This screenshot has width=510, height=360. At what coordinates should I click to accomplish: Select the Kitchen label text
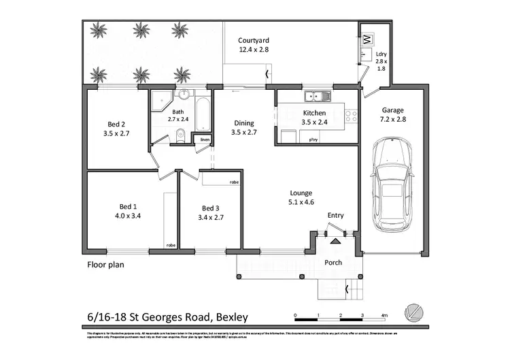[x=314, y=113]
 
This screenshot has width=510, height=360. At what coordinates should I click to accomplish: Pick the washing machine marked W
[x=367, y=38]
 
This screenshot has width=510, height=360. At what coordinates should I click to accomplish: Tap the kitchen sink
[x=316, y=95]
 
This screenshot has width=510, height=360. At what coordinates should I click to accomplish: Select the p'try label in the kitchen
[x=313, y=140]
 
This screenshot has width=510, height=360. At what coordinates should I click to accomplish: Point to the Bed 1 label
[x=129, y=207]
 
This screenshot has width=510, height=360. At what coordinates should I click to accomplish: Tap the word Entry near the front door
[x=335, y=216]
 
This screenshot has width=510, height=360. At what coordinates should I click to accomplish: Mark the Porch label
[x=333, y=263]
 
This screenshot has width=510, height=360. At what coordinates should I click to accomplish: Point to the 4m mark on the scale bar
[x=384, y=315]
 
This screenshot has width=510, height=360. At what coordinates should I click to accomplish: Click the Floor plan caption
[x=105, y=265]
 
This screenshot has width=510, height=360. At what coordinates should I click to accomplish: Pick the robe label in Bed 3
[x=233, y=182]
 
